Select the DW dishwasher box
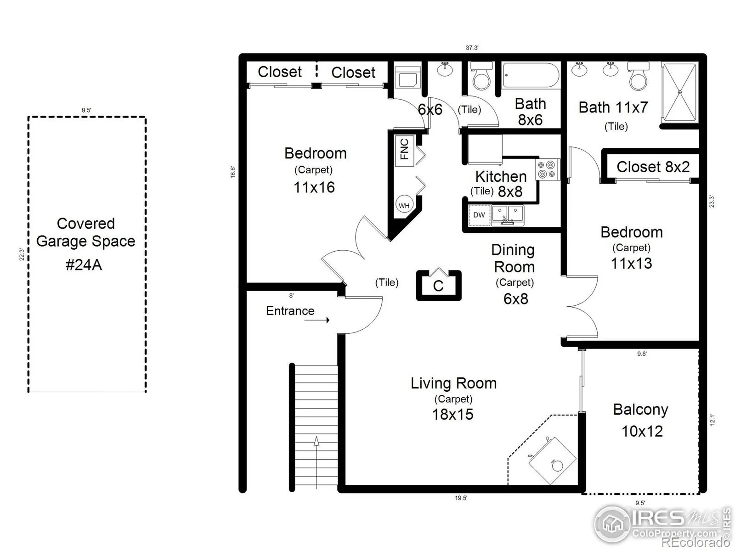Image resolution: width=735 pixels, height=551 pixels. coord(479,215)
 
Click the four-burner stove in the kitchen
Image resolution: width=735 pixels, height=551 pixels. coord(547,169)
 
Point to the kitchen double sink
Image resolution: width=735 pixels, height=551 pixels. coord(507,215)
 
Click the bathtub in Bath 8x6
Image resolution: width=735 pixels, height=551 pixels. coord(531,75)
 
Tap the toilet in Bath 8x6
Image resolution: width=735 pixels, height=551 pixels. coord(481,76)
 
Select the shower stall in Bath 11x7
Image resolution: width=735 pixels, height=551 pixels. coord(680,92)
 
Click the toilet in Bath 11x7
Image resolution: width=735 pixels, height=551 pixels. coord(638,76)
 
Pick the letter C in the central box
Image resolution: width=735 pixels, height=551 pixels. coord(438,286)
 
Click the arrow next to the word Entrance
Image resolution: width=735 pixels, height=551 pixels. coord(317,320)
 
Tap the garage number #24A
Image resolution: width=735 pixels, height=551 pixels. coord(84,265)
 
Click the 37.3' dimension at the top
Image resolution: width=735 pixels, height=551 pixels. coord(472,48)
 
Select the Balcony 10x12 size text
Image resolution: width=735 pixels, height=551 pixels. coord(642,431)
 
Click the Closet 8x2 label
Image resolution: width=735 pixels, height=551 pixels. coord(653,167)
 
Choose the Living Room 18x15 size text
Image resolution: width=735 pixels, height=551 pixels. coord(453,414)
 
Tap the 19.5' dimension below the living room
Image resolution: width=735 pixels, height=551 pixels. coord(461,498)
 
